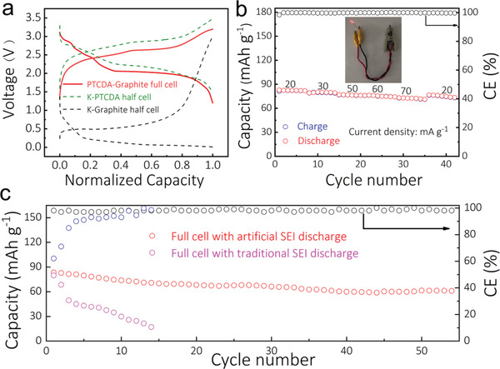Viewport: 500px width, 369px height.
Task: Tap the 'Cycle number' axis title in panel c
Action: (x=255, y=360)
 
